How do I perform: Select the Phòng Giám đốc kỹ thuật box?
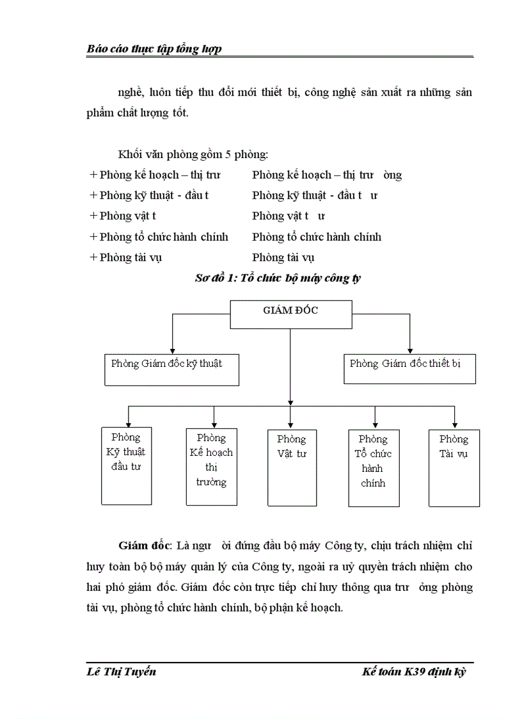171,369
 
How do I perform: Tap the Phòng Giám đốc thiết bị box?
409,368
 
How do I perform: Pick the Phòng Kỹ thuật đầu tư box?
127,465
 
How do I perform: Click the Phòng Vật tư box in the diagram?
291,467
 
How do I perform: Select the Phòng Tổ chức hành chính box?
373,468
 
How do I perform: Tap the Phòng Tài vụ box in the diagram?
454,468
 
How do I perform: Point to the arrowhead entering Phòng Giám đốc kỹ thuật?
171,349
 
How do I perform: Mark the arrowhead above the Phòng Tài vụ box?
454,424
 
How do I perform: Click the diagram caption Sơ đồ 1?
278,278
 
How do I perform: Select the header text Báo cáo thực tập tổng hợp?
154,49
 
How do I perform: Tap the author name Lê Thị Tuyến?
121,672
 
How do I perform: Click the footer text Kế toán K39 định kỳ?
413,672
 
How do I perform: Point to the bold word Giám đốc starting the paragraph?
145,546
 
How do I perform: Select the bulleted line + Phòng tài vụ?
126,257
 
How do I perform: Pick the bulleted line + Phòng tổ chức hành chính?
159,237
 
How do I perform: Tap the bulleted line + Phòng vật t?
123,216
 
